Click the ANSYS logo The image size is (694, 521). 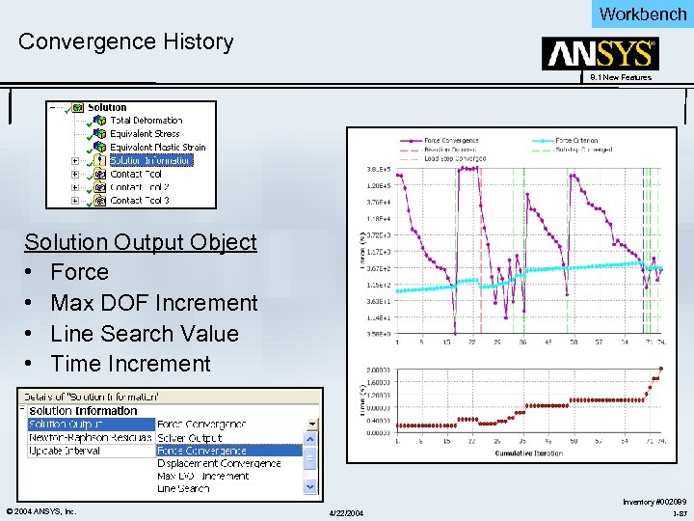click(x=601, y=54)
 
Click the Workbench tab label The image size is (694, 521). click(x=642, y=14)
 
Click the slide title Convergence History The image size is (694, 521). click(x=125, y=41)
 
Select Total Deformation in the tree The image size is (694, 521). click(x=146, y=121)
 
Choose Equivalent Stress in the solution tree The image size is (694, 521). click(x=145, y=134)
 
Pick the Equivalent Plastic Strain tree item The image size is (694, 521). click(x=157, y=148)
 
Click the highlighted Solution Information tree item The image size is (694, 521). click(x=151, y=161)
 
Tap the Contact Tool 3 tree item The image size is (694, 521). click(x=140, y=201)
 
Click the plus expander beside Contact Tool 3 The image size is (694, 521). click(x=74, y=201)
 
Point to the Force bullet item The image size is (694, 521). click(x=79, y=272)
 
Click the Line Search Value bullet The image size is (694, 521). click(x=144, y=333)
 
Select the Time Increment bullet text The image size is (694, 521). click(x=130, y=364)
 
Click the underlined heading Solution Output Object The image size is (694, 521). click(x=141, y=241)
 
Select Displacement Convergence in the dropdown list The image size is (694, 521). click(x=219, y=463)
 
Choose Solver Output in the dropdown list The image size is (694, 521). click(x=189, y=437)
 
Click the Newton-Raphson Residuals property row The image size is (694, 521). click(x=90, y=437)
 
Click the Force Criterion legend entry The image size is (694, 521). click(x=577, y=141)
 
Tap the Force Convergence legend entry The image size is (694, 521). click(x=451, y=141)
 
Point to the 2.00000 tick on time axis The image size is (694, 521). click(x=377, y=370)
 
